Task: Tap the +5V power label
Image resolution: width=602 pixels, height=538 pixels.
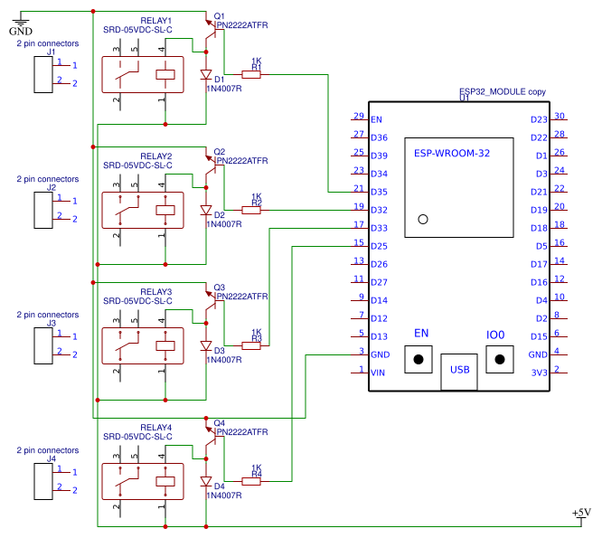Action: pos(581,513)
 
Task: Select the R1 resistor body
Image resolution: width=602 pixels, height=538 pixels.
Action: pos(250,75)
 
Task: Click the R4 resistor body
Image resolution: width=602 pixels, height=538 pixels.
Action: pos(250,481)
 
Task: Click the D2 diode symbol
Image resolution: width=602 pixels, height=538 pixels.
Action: pos(206,211)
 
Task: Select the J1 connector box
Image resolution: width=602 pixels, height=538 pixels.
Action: pos(43,74)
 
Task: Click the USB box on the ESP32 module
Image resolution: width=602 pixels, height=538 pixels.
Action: pos(459,371)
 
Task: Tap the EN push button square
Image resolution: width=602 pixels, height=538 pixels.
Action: pos(420,359)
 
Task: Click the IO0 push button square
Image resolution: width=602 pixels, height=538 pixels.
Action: pos(496,359)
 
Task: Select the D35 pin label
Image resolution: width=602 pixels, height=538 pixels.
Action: pos(379,192)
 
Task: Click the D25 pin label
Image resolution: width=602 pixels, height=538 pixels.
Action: pos(379,246)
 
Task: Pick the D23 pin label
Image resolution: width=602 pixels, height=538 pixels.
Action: pos(539,119)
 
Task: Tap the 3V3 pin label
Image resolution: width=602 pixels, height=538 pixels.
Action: pos(539,373)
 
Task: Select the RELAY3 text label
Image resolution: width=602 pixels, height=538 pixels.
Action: pos(155,292)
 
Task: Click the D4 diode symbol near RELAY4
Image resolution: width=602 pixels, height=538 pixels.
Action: pos(206,482)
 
